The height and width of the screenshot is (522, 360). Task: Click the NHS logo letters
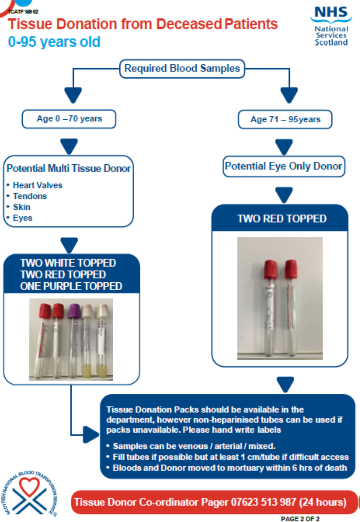331,12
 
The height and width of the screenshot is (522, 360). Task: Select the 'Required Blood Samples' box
182,68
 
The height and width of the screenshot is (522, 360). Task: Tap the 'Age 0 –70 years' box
69,119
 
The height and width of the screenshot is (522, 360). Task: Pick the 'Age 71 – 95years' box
285,119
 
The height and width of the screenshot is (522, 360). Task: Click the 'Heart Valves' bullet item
38,185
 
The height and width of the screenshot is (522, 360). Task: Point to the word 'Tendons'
30,196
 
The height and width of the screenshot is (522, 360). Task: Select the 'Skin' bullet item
22,207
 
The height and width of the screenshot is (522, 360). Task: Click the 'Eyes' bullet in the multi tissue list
22,218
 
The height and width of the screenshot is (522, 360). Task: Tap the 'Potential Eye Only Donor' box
283,166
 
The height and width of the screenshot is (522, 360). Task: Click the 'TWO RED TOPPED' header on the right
282,219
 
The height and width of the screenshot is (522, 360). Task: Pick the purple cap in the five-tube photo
74,311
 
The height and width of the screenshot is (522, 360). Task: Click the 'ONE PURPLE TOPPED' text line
71,286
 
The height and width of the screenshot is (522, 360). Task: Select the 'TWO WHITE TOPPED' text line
68,263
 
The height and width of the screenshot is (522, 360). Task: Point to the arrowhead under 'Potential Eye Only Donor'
284,195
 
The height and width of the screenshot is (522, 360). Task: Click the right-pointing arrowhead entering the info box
91,435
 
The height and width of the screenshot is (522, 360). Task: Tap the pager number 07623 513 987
263,502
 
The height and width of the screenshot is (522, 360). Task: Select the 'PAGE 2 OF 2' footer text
300,519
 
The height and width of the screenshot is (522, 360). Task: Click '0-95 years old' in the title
54,42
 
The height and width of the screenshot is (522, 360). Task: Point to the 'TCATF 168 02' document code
23,12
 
